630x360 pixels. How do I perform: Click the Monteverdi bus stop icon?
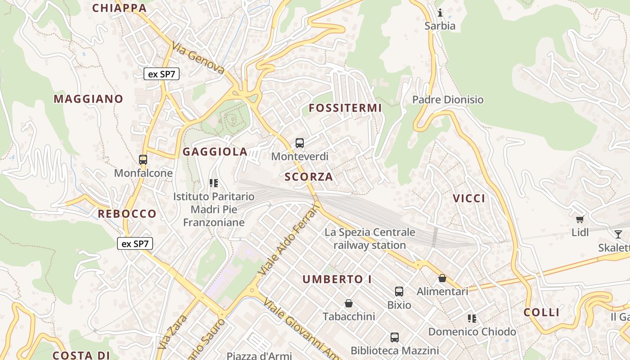tap(300, 143)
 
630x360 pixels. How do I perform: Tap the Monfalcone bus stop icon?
tap(143, 159)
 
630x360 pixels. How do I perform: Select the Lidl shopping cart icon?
tap(580, 220)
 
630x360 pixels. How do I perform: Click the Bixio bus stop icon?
tap(399, 291)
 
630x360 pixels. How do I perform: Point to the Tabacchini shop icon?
tap(348, 303)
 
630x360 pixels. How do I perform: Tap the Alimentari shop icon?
tap(442, 278)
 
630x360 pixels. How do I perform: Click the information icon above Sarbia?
tap(440, 13)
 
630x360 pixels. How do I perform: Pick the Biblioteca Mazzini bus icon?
tap(395, 337)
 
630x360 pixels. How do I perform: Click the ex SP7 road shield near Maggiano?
tap(162, 74)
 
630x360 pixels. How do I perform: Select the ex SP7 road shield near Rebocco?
tap(135, 243)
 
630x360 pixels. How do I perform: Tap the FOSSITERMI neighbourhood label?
tap(345, 108)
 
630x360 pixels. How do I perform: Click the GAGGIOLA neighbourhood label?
tap(215, 152)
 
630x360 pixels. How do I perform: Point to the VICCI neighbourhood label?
tap(469, 198)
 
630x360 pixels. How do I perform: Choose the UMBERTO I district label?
tap(337, 279)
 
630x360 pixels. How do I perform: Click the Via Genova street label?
tap(198, 58)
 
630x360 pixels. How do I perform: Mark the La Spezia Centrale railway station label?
tap(370, 239)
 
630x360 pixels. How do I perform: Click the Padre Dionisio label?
tap(448, 99)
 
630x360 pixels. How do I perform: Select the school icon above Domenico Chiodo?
tap(472, 319)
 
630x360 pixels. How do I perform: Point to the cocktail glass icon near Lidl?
tap(618, 234)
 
